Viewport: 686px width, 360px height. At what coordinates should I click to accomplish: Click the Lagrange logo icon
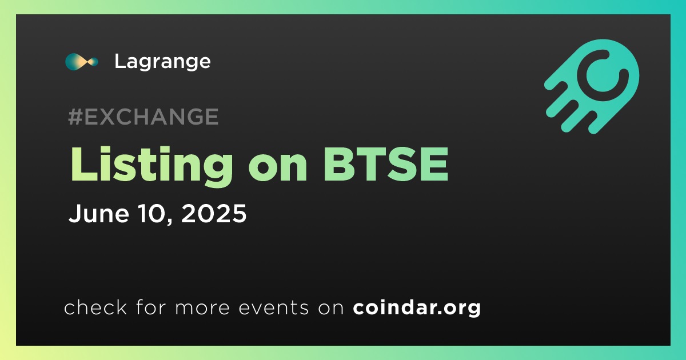(81, 62)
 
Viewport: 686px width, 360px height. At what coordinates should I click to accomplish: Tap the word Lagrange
(162, 62)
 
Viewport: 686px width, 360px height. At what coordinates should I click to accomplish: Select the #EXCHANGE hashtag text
(143, 117)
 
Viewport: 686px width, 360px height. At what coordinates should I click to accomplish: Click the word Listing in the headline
(152, 165)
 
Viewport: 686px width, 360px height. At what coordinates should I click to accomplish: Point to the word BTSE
(386, 165)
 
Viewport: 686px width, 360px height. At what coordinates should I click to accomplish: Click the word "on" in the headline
(278, 169)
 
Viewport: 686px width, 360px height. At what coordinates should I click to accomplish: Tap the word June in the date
(98, 213)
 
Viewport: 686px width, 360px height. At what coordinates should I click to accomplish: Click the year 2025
(214, 213)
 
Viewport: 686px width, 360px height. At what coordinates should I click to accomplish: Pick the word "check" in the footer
(95, 307)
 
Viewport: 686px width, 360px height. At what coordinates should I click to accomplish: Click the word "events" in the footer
(274, 307)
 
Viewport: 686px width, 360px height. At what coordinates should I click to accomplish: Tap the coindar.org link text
(417, 308)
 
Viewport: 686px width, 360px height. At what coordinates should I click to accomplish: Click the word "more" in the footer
(202, 308)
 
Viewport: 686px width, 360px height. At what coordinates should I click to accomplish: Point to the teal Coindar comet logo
(592, 86)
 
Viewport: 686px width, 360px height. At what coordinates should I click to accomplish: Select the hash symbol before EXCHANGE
(75, 117)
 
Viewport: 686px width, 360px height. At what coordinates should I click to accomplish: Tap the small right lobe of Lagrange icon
(93, 62)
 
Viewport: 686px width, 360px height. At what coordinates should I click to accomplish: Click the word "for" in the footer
(151, 307)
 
